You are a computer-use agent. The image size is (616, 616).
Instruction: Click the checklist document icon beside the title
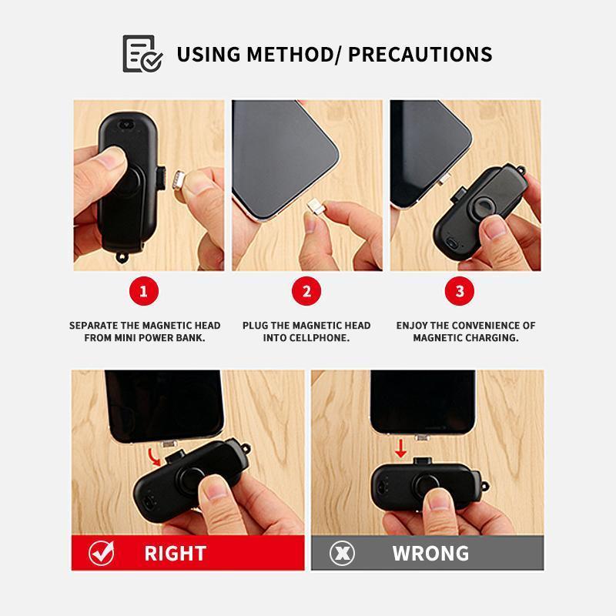click(142, 54)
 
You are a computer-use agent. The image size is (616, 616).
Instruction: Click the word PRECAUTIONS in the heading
click(420, 54)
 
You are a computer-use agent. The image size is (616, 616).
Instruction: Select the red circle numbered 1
click(144, 291)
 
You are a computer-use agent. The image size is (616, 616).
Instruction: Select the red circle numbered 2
click(306, 291)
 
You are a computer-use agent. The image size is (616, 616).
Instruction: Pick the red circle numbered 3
click(459, 291)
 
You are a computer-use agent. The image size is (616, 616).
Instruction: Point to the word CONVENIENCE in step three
click(484, 325)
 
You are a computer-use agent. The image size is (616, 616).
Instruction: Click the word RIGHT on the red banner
click(176, 554)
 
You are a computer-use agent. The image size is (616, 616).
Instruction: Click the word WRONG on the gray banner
click(430, 554)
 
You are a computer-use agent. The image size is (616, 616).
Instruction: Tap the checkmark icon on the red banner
click(102, 553)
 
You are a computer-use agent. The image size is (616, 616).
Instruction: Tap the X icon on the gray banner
click(342, 553)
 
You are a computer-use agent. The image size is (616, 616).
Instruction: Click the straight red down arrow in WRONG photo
click(400, 448)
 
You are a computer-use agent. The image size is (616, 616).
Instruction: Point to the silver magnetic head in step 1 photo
click(179, 180)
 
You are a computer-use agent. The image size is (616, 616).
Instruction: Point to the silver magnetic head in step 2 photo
click(315, 206)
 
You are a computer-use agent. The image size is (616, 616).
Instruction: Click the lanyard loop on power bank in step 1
click(122, 258)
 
